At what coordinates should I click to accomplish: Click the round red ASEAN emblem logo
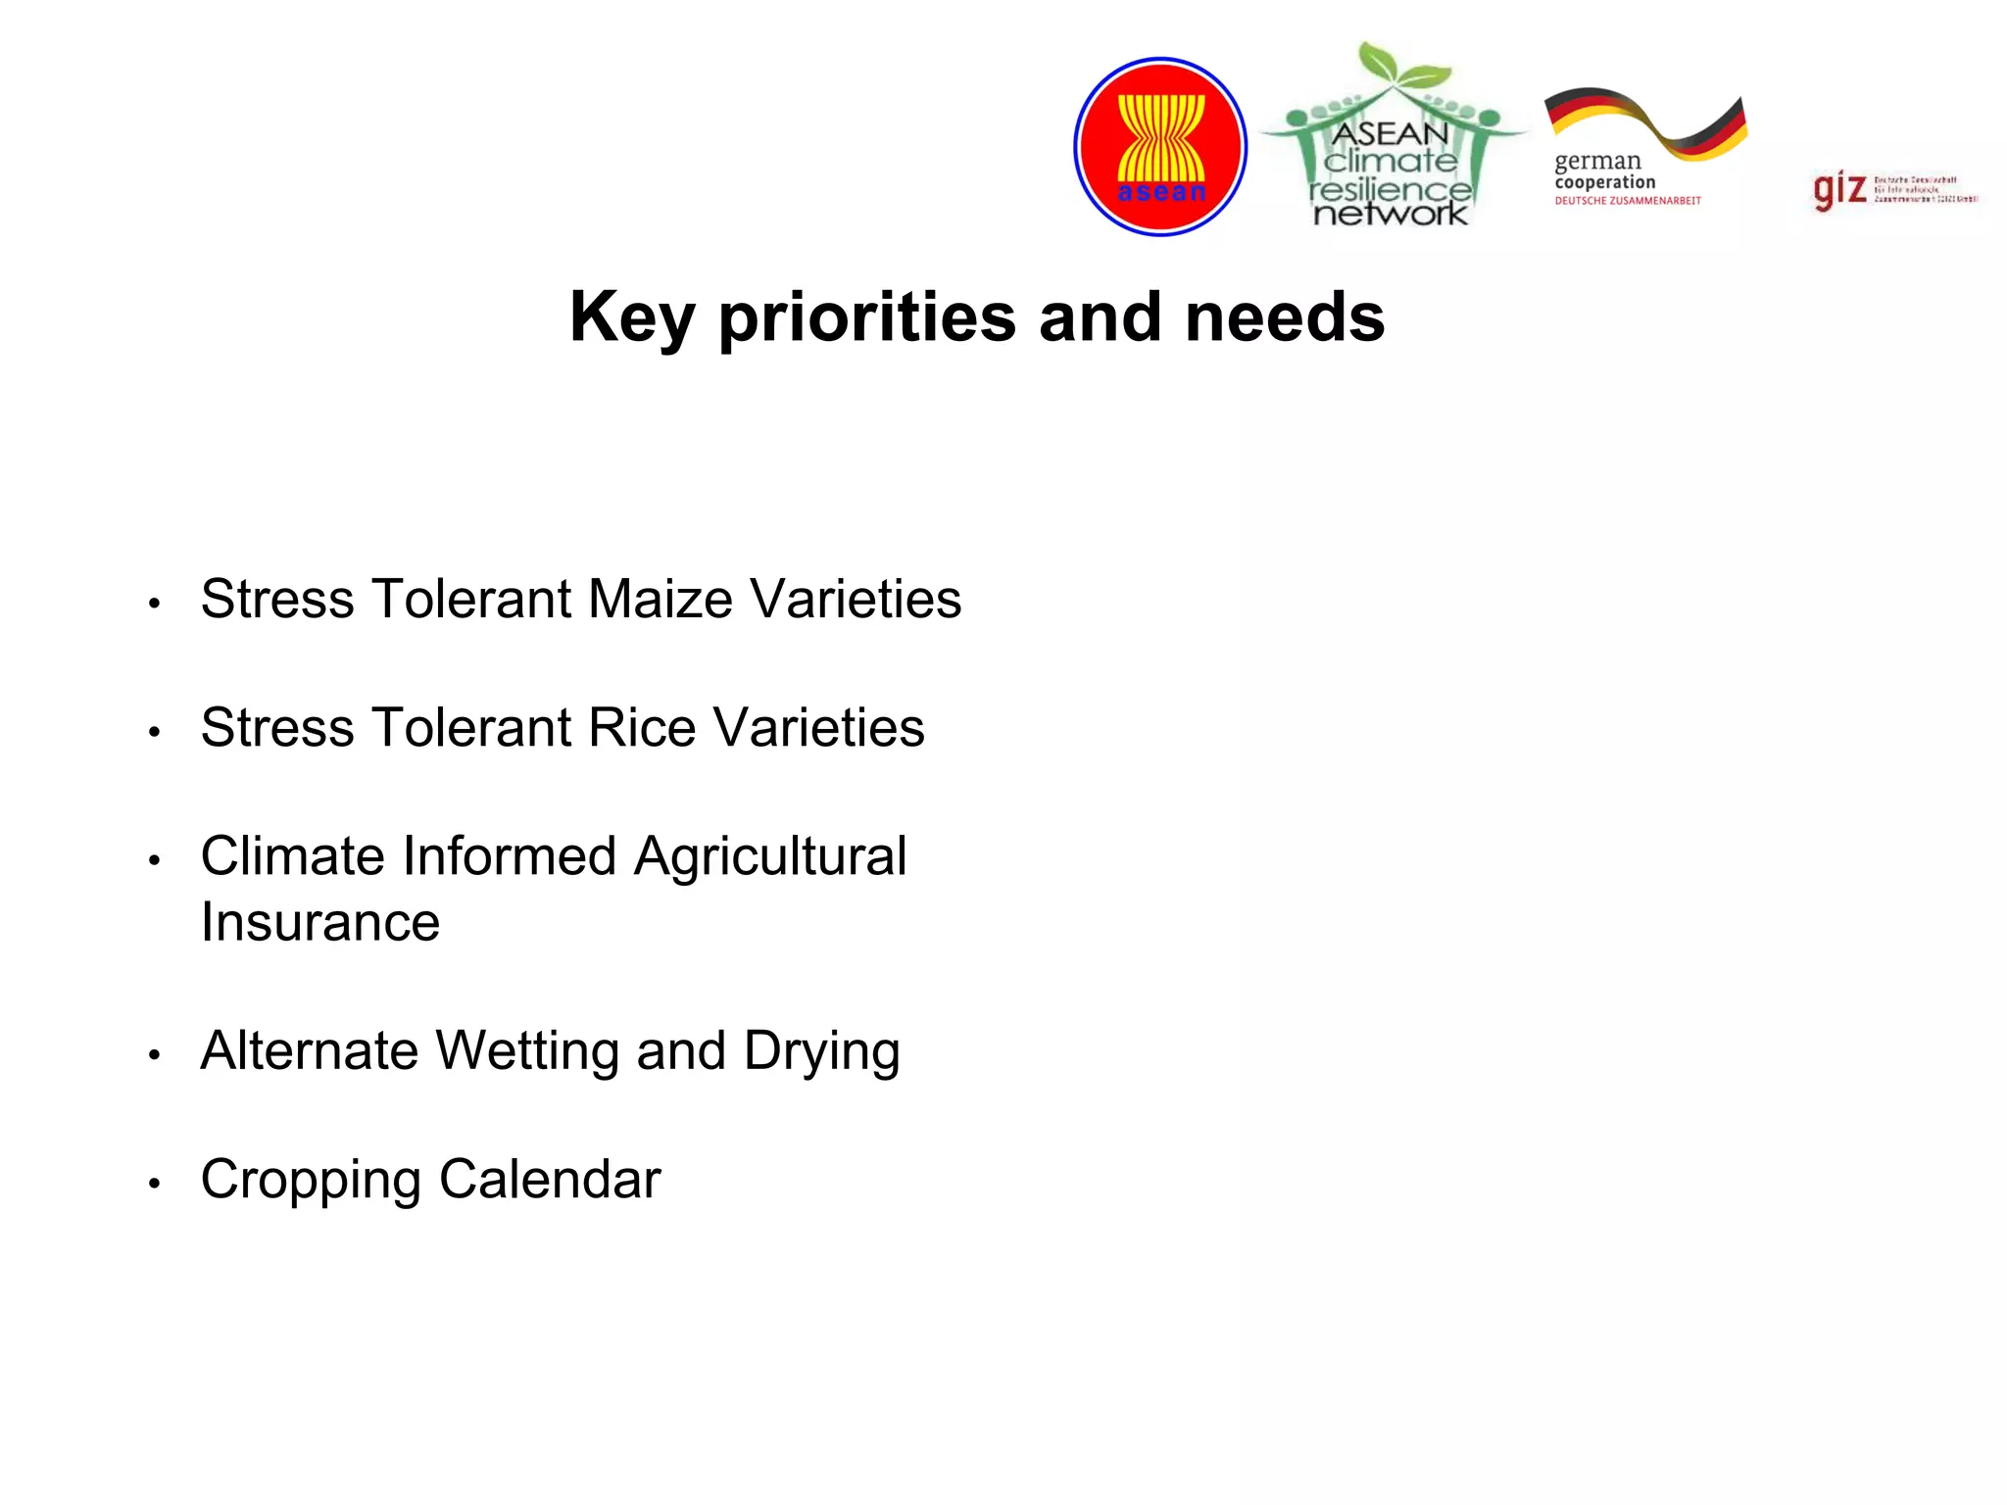click(x=1160, y=147)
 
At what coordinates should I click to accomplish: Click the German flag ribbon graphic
click(x=1646, y=122)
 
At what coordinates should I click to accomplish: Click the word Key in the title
click(x=632, y=318)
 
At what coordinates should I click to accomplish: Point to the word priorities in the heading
click(x=867, y=318)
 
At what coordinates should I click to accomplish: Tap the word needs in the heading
click(x=1285, y=318)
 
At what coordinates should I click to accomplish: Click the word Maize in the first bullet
click(x=661, y=599)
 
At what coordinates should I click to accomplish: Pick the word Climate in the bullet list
click(x=297, y=856)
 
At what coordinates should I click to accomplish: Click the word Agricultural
click(x=770, y=856)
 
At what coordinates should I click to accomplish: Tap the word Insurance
click(x=320, y=922)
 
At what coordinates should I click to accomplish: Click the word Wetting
click(x=527, y=1051)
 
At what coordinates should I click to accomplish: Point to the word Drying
click(x=821, y=1051)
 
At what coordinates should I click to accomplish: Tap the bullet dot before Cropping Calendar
click(x=154, y=1184)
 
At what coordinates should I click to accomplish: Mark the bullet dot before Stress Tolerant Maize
click(x=154, y=604)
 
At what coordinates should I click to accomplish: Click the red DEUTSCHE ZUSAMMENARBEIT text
click(x=1628, y=201)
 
